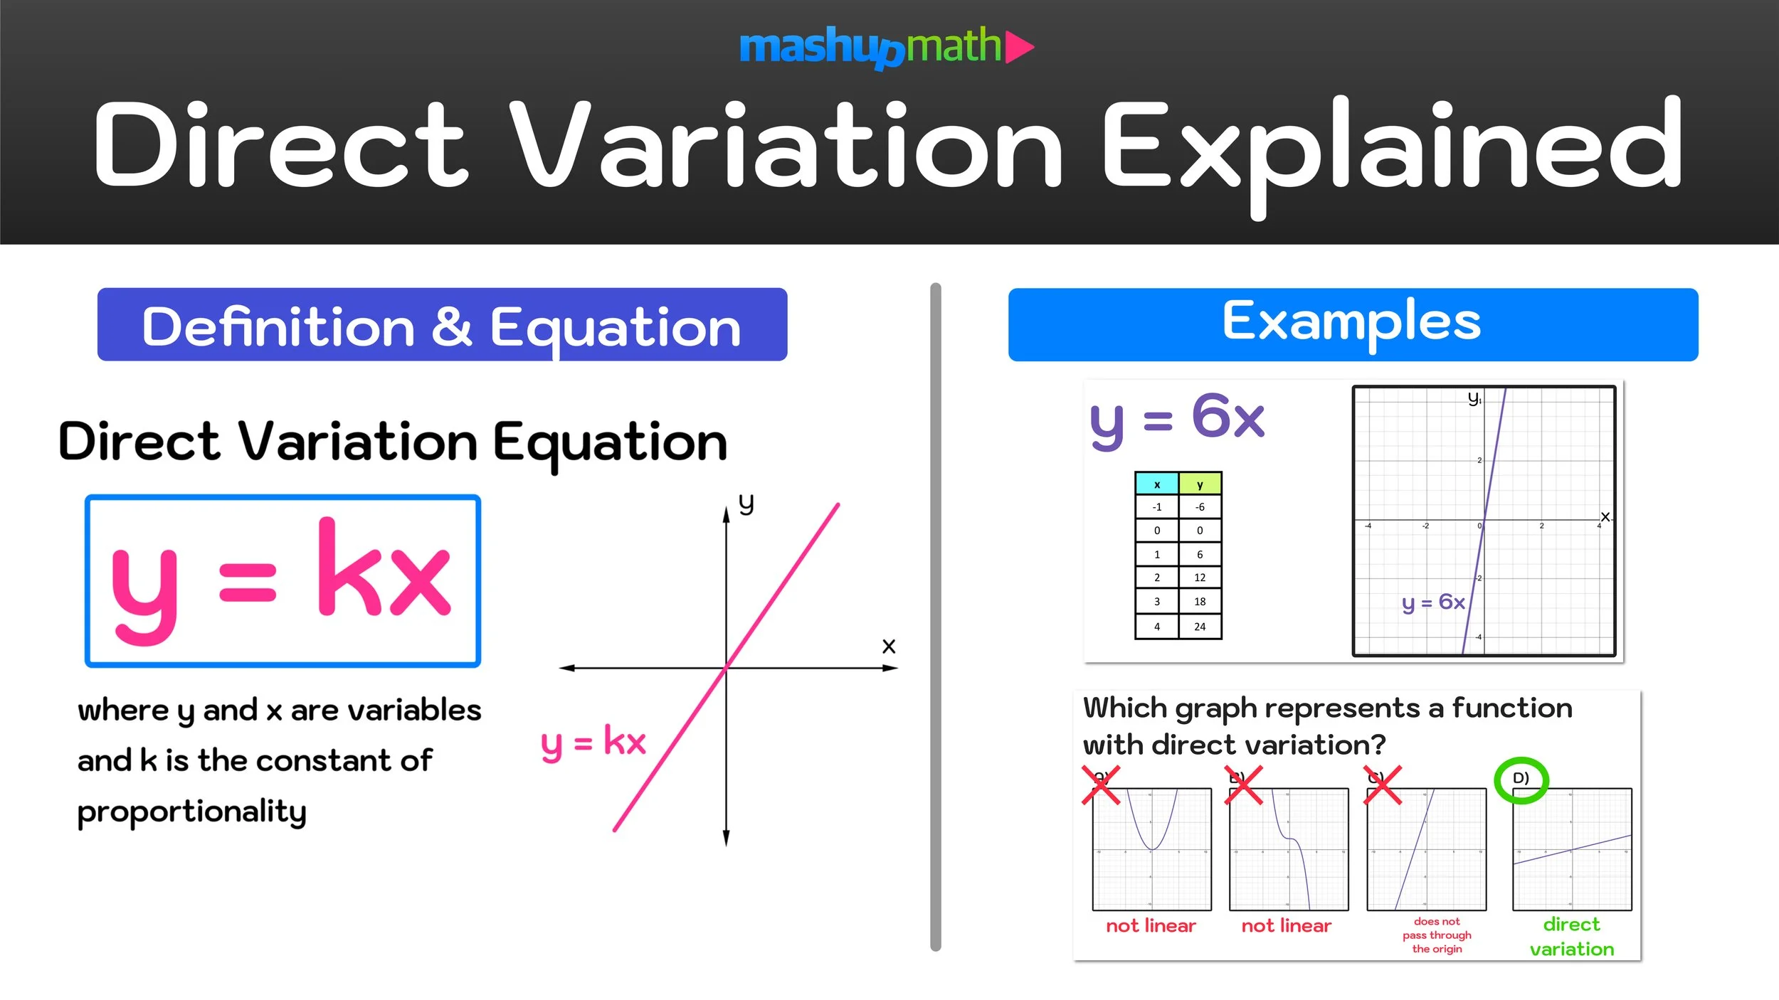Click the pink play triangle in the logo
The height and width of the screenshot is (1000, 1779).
point(1018,47)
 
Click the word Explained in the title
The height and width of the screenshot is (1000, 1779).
point(1391,146)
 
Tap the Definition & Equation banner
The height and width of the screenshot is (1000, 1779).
point(442,325)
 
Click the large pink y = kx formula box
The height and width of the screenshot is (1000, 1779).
point(283,581)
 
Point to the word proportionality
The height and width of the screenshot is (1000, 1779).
point(191,812)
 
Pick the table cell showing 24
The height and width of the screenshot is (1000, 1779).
point(1200,627)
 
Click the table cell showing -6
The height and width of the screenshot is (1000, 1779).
point(1200,507)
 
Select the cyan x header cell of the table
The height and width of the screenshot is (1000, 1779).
point(1157,484)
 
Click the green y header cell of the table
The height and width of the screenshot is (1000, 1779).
point(1200,484)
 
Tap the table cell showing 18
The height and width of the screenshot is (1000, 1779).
point(1200,602)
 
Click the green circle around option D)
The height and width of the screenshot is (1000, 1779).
point(1521,780)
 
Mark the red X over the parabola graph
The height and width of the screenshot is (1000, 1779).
point(1101,784)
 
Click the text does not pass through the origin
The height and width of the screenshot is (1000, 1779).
point(1437,935)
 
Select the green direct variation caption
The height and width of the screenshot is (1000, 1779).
point(1571,936)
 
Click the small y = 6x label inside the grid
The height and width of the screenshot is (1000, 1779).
point(1432,602)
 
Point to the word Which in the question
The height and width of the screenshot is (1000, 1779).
point(1124,708)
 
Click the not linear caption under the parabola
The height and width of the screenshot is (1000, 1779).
point(1151,925)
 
